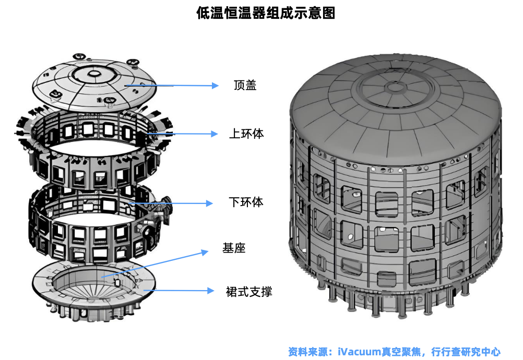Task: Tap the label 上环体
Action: pos(246,134)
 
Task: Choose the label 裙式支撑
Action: pos(249,291)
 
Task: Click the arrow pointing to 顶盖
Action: pos(172,85)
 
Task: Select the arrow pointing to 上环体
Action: pos(180,134)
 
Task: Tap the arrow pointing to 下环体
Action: pos(172,202)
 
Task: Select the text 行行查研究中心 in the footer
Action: pos(466,352)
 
